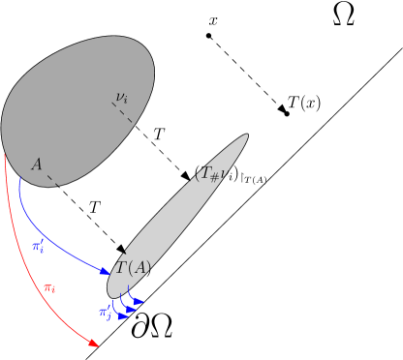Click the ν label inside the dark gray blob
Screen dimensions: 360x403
(x=121, y=97)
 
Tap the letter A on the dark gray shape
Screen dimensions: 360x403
(x=37, y=165)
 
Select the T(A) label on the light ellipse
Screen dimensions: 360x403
(x=134, y=268)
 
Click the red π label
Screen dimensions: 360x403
(x=49, y=287)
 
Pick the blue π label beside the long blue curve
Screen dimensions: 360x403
(x=38, y=247)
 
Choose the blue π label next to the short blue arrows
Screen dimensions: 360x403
(x=105, y=312)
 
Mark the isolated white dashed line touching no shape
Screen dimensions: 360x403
(x=246, y=73)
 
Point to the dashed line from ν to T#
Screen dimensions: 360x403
(x=155, y=140)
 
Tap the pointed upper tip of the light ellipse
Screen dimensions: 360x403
(x=245, y=136)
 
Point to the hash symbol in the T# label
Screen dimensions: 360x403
(x=215, y=177)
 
